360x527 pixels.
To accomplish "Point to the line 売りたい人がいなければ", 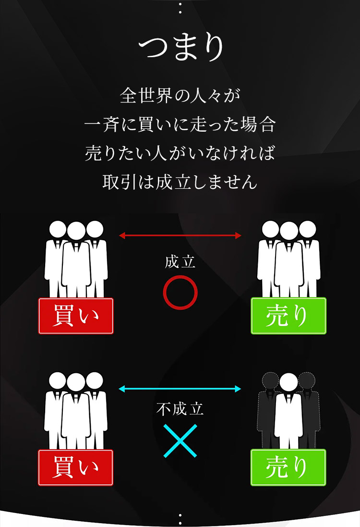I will point(180,153).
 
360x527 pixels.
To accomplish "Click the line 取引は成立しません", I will point(180,183).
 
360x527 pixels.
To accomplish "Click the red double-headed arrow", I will point(180,235).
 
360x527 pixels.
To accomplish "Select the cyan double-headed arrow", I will point(180,388).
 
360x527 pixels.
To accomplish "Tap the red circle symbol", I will point(180,293).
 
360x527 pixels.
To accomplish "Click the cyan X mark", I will point(180,440).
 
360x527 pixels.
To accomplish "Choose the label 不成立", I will point(180,409).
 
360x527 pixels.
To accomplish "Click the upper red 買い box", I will point(76,316).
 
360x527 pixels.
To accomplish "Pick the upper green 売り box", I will point(288,316).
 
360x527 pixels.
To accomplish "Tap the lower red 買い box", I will point(76,467).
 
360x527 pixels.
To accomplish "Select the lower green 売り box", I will point(288,467).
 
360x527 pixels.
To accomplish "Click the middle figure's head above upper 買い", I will point(76,232).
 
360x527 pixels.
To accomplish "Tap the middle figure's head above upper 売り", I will point(288,232).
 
